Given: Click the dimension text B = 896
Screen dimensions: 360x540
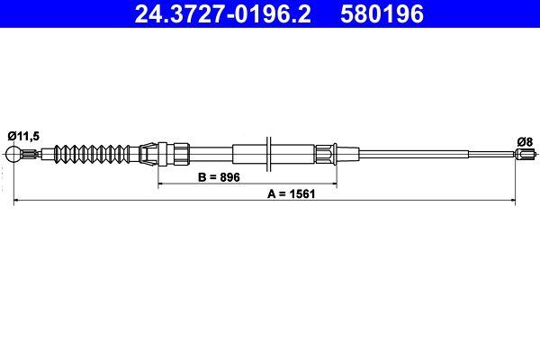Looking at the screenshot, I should pyautogui.click(x=219, y=178).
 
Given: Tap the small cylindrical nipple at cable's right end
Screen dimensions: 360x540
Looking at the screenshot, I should pyautogui.click(x=523, y=155).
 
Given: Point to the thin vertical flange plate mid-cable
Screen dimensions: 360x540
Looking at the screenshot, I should pyautogui.click(x=269, y=154).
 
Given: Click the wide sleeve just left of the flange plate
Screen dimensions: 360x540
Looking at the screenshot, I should pyautogui.click(x=248, y=154).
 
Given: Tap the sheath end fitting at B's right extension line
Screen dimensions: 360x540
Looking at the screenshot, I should pyautogui.click(x=329, y=154).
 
